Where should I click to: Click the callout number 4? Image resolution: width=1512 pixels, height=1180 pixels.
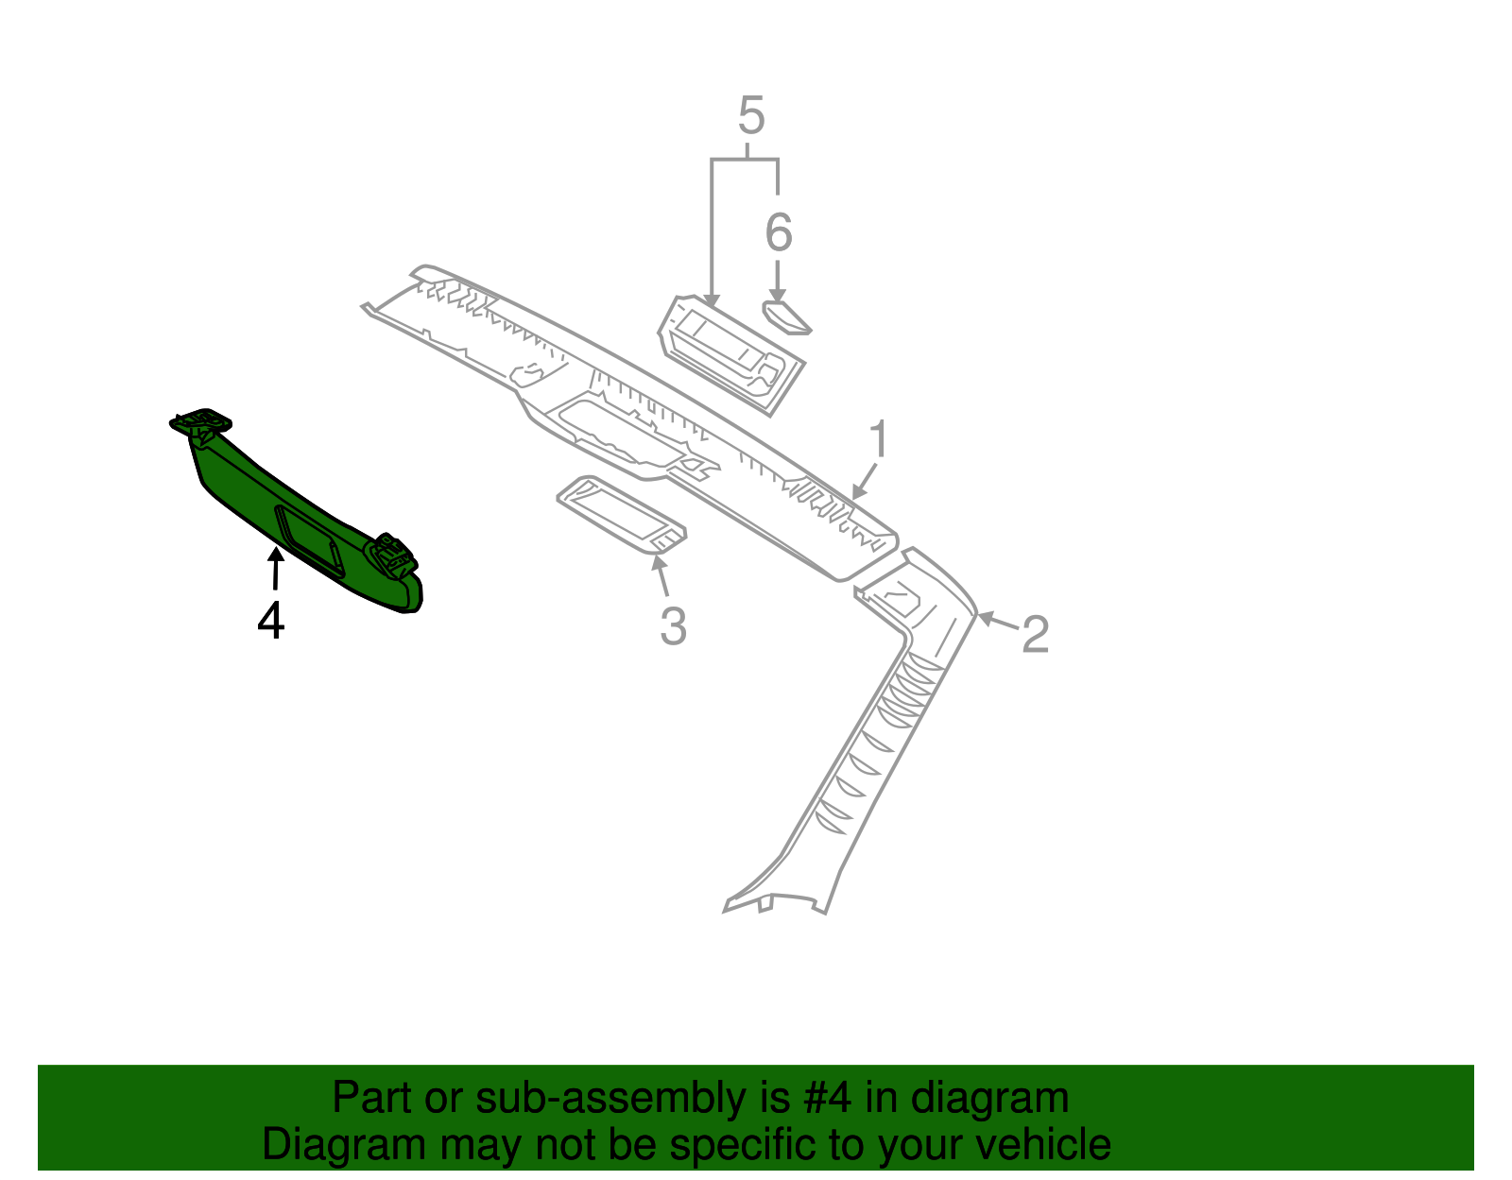coord(270,621)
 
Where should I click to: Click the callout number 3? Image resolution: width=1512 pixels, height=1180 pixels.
coord(673,626)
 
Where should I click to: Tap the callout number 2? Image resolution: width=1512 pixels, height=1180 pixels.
coord(1035,634)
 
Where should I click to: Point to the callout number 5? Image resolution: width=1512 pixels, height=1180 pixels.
coord(751,115)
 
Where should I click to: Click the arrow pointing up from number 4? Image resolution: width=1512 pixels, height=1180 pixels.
coord(276,568)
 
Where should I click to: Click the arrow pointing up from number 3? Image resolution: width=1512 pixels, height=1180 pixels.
coord(660,575)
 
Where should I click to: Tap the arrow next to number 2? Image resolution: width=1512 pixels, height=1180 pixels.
coord(999,621)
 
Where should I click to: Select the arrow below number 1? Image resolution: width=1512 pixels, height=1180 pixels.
coord(864,481)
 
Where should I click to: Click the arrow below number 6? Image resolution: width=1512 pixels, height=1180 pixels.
coord(777,281)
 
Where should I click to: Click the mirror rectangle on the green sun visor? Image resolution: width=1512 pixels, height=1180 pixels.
coord(309,540)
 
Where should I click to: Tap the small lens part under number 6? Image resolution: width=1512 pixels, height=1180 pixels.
coord(787,317)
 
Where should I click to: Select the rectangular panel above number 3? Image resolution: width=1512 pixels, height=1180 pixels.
coord(622,515)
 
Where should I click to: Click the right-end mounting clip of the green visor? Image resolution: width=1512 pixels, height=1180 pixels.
coord(392,556)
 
